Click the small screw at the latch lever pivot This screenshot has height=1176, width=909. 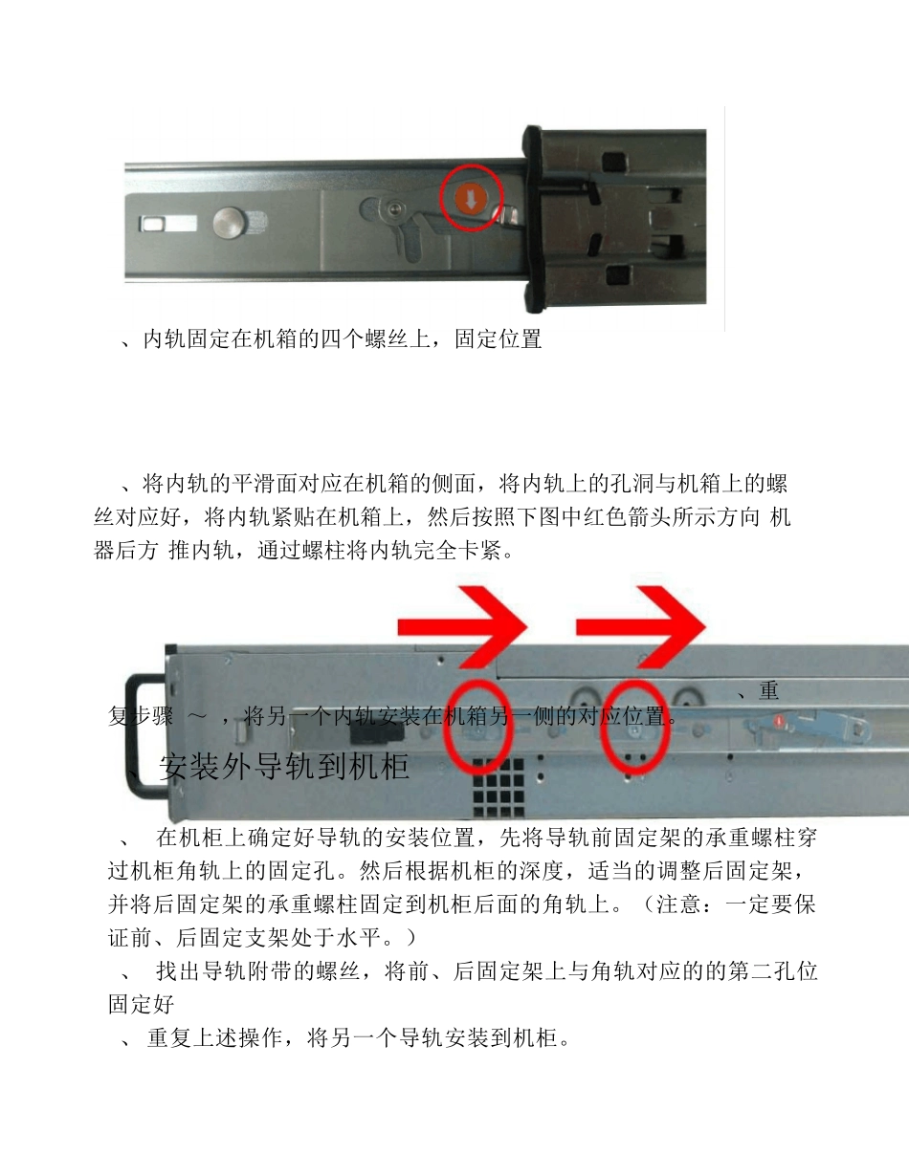(x=389, y=208)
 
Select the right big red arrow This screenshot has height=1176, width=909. (x=639, y=627)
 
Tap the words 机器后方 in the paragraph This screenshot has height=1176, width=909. (x=126, y=552)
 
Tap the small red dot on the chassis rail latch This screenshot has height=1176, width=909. (x=780, y=720)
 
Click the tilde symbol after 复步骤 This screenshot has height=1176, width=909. (x=197, y=716)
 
